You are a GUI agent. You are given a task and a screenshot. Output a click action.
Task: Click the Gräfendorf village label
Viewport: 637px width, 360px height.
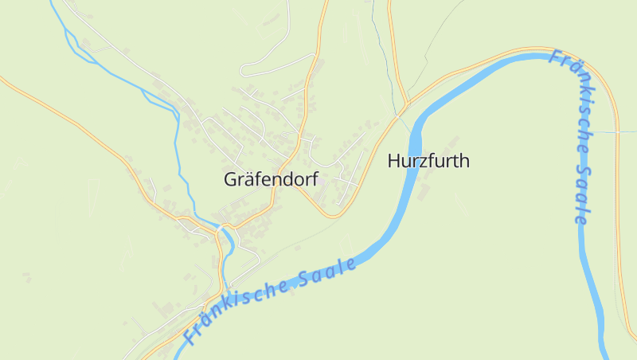272,180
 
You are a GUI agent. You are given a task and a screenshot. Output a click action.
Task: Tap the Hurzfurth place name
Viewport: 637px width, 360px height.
428,161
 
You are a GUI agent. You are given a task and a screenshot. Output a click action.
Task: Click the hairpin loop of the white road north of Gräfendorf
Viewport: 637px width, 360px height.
244,68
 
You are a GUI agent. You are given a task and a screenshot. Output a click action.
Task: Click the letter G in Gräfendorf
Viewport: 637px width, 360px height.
231,180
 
